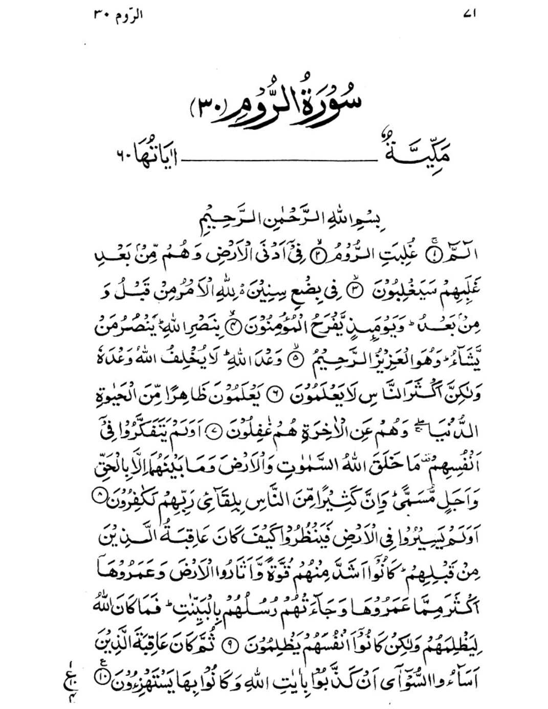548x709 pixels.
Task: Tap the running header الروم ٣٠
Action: coord(118,15)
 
